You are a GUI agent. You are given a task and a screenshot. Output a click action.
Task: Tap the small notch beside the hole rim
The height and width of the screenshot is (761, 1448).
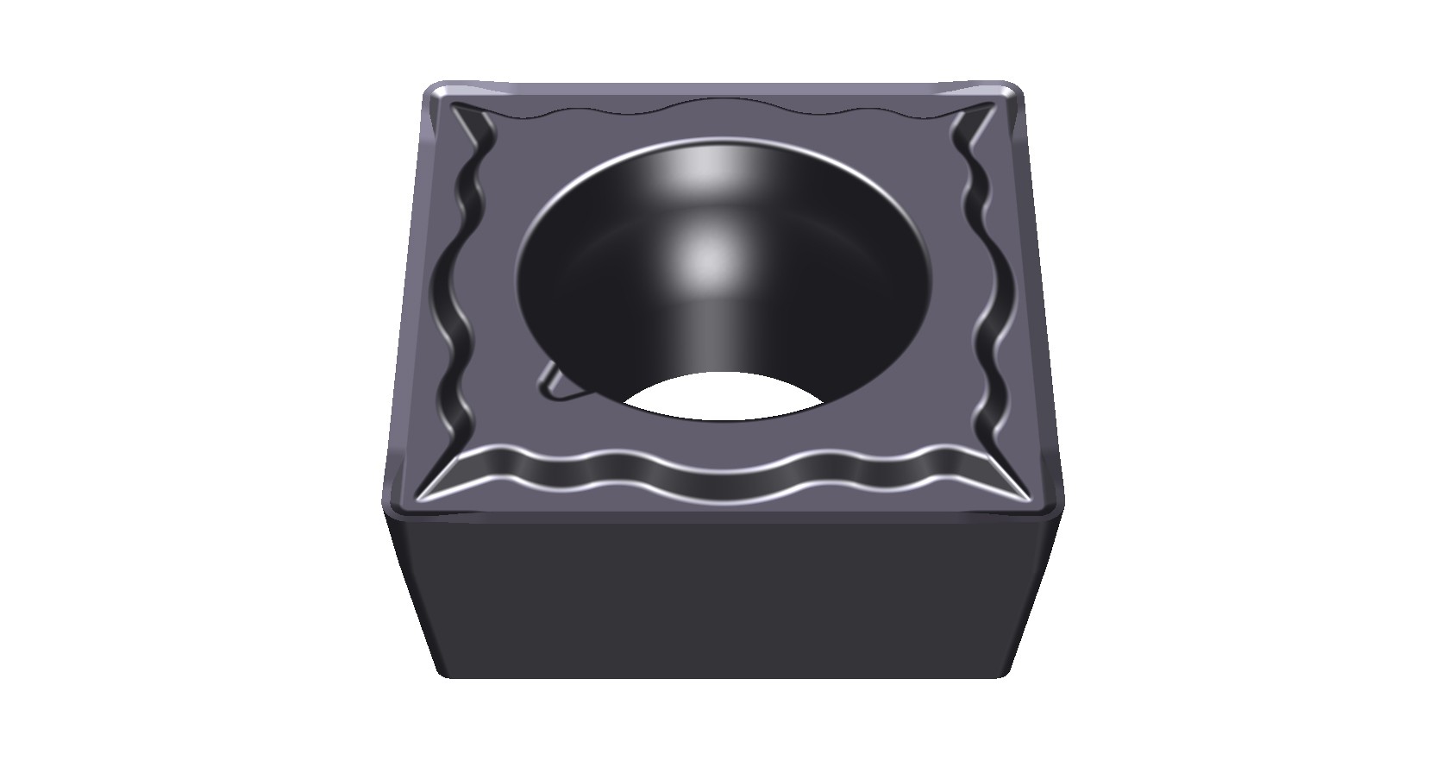pos(552,384)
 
